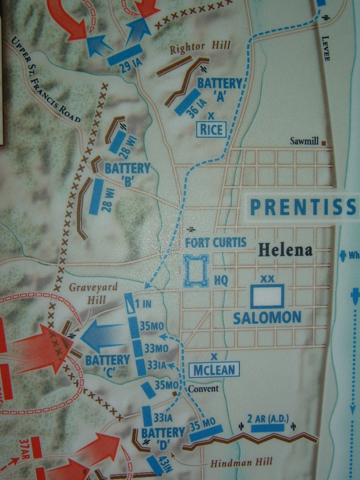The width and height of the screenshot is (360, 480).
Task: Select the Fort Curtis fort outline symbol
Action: pyautogui.click(x=196, y=270)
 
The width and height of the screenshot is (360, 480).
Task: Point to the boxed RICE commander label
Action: pyautogui.click(x=211, y=130)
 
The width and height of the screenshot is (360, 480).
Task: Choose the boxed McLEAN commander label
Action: pyautogui.click(x=214, y=370)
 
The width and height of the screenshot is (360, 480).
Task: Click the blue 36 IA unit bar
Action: pyautogui.click(x=187, y=102)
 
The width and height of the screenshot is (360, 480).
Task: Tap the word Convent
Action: pyautogui.click(x=203, y=388)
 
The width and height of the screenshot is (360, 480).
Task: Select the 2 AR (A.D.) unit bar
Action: pyautogui.click(x=267, y=428)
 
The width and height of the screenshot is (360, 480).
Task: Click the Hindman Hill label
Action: pyautogui.click(x=241, y=462)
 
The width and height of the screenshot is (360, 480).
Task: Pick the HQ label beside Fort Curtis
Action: pyautogui.click(x=221, y=281)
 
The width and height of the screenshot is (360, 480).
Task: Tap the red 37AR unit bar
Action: pyautogui.click(x=36, y=447)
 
